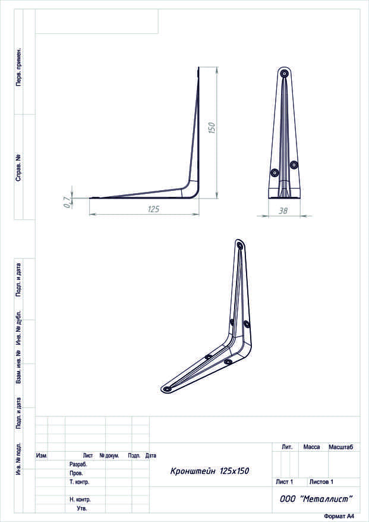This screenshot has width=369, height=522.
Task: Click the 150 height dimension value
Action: (212, 128)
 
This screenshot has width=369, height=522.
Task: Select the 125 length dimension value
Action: (153, 209)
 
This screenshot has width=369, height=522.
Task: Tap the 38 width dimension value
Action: (283, 210)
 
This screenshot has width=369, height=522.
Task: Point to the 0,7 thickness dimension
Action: (68, 202)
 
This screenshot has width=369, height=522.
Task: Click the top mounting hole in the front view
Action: (284, 73)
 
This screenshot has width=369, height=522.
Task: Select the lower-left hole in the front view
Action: (275, 172)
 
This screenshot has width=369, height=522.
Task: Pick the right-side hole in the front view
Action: (294, 165)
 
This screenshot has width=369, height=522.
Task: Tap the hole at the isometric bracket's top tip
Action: (240, 246)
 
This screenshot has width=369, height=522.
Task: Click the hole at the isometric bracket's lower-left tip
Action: (167, 388)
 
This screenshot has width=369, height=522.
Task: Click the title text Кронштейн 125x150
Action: (210, 471)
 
